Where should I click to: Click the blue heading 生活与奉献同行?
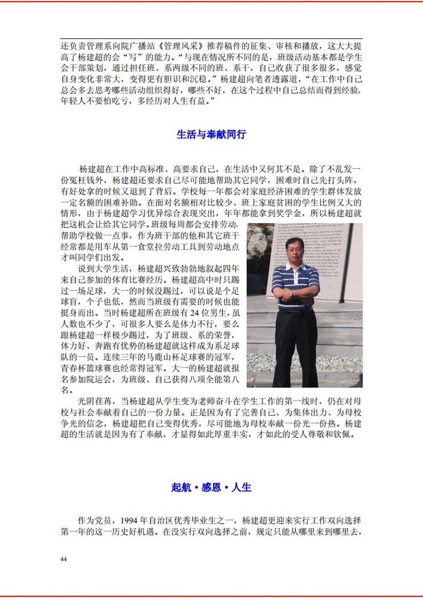tap(211, 135)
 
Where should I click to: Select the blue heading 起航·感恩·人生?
tap(211, 487)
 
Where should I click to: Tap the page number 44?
tap(64, 559)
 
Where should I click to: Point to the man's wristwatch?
tap(291, 293)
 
